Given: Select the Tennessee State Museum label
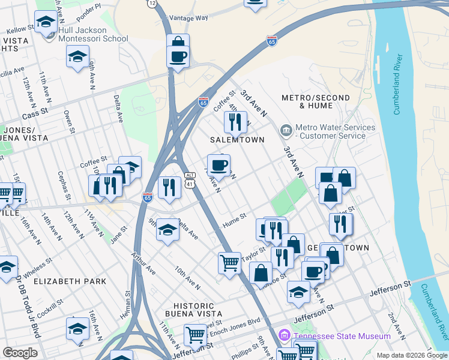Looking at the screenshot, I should click(340, 336).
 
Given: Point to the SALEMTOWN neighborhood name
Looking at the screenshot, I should click(237, 140).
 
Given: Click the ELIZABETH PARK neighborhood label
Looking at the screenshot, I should click(70, 281).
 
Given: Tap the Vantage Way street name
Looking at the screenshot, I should click(190, 18).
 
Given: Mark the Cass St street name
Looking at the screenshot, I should click(34, 115).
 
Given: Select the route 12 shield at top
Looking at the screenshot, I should click(152, 4).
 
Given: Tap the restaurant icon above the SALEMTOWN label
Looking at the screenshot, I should click(235, 122).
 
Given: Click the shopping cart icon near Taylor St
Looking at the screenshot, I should click(230, 262).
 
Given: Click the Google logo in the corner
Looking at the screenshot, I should click(20, 352).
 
